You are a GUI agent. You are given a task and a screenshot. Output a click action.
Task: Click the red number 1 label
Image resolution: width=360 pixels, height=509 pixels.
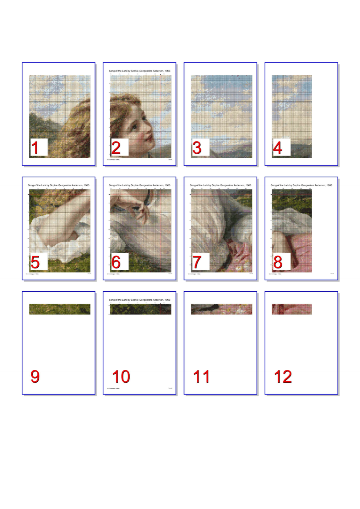pyautogui.click(x=35, y=148)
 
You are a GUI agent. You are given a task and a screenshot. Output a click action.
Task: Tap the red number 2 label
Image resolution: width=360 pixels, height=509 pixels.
pyautogui.click(x=116, y=148)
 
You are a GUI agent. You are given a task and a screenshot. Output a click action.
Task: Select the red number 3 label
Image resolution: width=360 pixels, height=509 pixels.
pyautogui.click(x=197, y=148)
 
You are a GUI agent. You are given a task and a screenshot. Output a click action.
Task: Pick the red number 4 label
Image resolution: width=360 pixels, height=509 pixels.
pyautogui.click(x=278, y=148)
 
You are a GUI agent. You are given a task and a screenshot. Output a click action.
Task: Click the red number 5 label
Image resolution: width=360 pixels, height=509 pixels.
pyautogui.click(x=35, y=262)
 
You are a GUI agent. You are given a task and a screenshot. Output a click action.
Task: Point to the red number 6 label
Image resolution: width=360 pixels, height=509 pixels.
pyautogui.click(x=116, y=262)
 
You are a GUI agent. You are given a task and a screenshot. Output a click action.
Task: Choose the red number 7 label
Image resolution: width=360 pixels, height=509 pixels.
pyautogui.click(x=197, y=262)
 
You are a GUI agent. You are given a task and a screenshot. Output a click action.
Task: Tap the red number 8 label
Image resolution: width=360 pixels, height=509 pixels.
pyautogui.click(x=278, y=262)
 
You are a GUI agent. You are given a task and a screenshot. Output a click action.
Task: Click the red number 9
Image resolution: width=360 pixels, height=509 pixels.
pyautogui.click(x=35, y=377)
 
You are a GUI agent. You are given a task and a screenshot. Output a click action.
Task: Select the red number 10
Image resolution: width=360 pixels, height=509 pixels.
pyautogui.click(x=121, y=377)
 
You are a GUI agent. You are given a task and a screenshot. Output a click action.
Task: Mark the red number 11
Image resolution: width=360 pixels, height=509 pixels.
pyautogui.click(x=202, y=377)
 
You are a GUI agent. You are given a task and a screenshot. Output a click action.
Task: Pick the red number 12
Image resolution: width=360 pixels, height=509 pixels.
pyautogui.click(x=283, y=377)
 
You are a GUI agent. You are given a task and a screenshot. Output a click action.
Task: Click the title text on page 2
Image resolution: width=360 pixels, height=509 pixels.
pyautogui.click(x=139, y=71)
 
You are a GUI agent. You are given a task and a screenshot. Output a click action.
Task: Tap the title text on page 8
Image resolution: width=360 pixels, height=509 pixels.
pyautogui.click(x=301, y=185)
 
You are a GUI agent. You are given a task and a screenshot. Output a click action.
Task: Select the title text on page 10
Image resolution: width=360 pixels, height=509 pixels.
pyautogui.click(x=139, y=300)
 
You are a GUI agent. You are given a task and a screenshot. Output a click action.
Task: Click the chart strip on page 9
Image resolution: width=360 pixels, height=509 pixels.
pyautogui.click(x=60, y=309)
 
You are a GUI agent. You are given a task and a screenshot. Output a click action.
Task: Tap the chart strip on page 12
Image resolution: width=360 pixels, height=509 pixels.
pyautogui.click(x=292, y=309)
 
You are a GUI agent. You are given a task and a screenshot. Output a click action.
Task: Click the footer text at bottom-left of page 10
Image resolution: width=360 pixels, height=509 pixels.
pyautogui.click(x=113, y=388)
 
